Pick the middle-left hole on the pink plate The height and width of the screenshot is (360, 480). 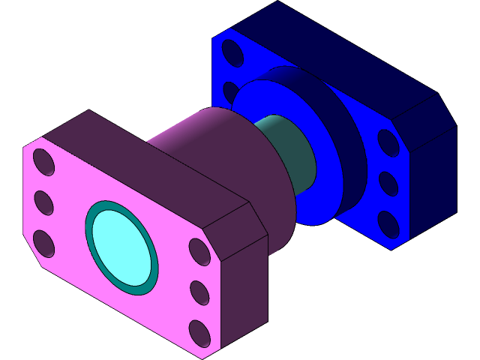43,202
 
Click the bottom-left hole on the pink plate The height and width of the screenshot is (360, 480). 44,243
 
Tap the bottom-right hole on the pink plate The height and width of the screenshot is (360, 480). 200,331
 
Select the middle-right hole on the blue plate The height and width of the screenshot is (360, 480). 388,183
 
